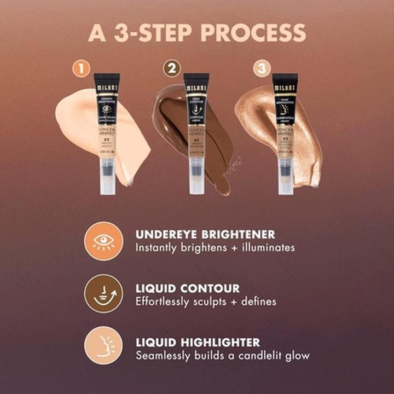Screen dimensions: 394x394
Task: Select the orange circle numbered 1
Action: coord(83,69)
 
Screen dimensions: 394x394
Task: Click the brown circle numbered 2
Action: coord(171,69)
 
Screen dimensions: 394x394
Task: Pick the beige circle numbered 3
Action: coord(262,69)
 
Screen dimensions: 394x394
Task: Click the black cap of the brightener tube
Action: coord(107,82)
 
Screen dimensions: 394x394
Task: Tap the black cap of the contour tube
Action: coord(196,82)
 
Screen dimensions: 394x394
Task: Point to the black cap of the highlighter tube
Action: coord(285,82)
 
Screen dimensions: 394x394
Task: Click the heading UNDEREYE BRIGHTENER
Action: coord(205,235)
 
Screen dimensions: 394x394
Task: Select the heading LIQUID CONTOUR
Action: coord(187,288)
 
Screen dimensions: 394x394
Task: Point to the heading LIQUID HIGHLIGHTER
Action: coord(198,342)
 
